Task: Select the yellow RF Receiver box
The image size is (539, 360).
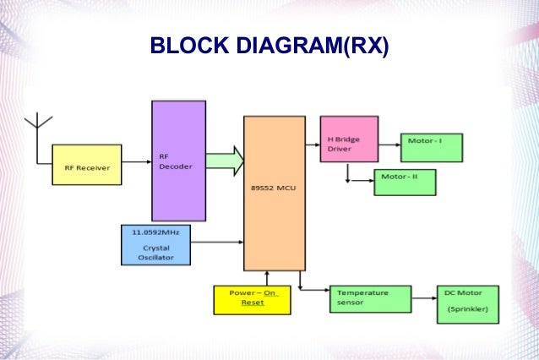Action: click(x=87, y=166)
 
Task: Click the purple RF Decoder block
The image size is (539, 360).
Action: click(x=178, y=161)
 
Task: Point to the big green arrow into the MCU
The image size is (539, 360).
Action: click(x=224, y=161)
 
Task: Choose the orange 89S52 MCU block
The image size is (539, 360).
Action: click(x=275, y=193)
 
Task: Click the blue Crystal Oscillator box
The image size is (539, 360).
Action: click(x=155, y=244)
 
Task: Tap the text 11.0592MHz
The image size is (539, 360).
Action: click(x=154, y=231)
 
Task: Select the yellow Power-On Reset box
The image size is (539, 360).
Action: click(x=251, y=297)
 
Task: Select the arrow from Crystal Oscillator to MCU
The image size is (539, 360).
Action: click(x=217, y=243)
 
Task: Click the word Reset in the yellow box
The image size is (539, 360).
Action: click(x=252, y=303)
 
